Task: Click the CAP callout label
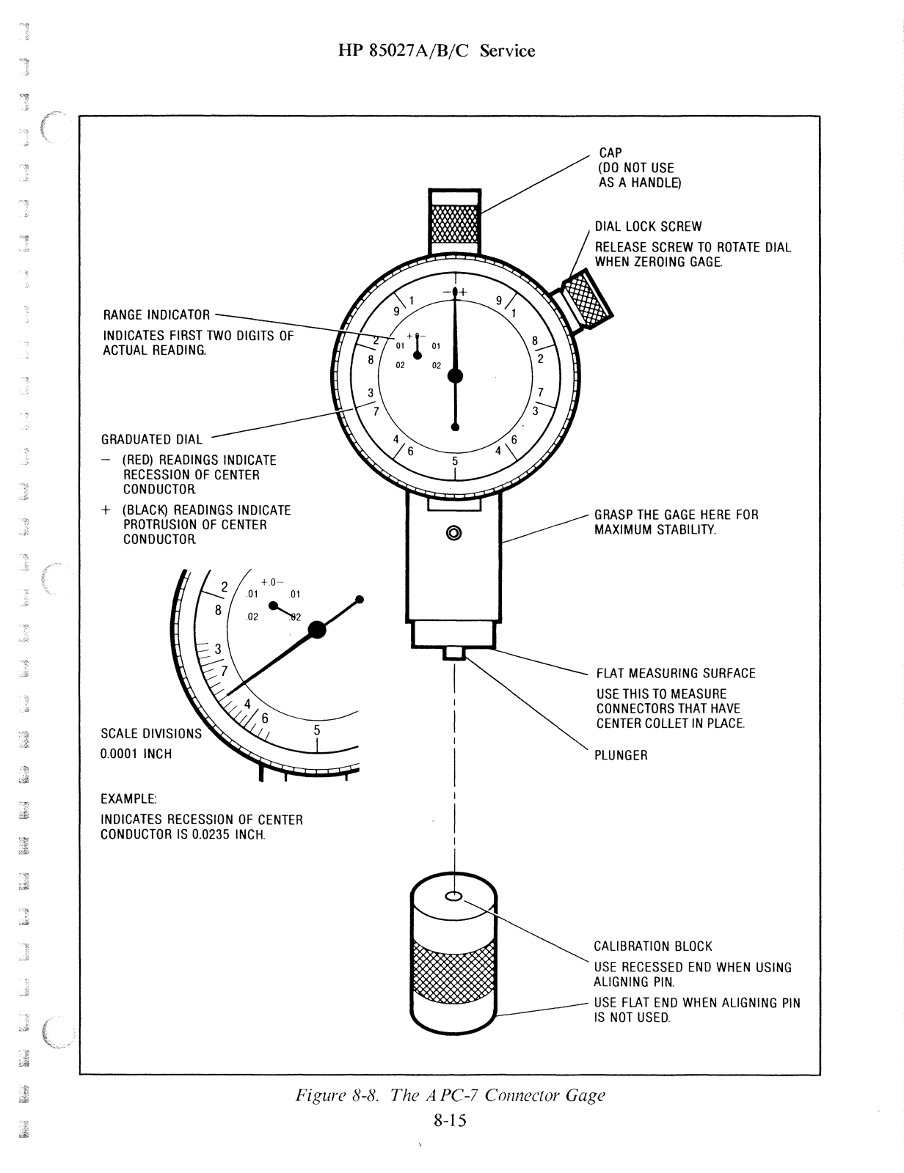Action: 610,153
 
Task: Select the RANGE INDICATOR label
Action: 156,315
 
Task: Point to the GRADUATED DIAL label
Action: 151,440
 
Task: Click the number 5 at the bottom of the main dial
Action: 455,462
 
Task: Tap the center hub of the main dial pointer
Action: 455,376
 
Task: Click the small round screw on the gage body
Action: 453,532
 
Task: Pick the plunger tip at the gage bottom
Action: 455,652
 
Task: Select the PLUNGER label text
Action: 621,756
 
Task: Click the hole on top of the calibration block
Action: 453,896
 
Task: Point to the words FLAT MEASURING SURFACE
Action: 675,674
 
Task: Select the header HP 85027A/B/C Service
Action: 437,51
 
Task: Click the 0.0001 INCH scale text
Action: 136,754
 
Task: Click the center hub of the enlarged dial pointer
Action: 317,628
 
